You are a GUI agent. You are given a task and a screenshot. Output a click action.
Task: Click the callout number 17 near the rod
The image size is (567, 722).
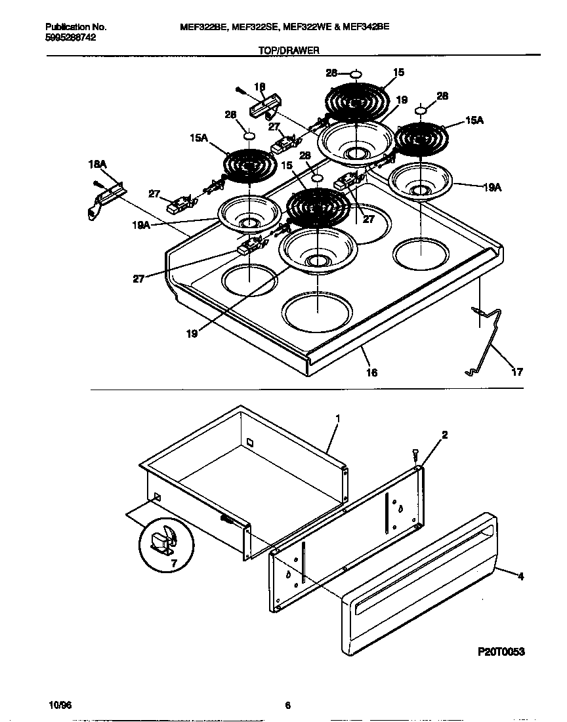pos(517,372)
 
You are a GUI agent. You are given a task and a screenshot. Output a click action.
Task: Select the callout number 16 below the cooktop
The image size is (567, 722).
pos(371,372)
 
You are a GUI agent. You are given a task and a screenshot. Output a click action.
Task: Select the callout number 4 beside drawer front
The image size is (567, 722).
pos(520,577)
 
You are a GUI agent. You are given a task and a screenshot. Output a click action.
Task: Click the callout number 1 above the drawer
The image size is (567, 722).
pos(337,418)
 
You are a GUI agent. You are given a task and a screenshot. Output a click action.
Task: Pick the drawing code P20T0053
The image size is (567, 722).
pos(501,652)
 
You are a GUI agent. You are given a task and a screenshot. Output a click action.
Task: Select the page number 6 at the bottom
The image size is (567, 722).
pos(287,705)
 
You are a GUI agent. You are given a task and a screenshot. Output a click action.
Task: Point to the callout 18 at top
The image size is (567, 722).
pos(259,87)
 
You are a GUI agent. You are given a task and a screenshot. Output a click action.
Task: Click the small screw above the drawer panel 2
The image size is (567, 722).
pos(415,453)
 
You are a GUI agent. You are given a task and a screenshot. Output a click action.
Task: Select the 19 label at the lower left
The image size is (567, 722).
pos(191,332)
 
